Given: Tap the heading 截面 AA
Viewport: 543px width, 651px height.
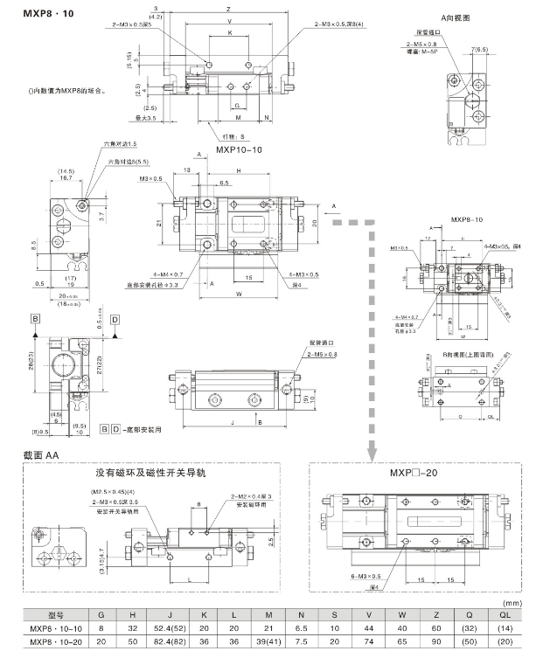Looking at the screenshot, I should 40,455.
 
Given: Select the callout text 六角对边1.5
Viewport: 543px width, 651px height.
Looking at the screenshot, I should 120,142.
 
